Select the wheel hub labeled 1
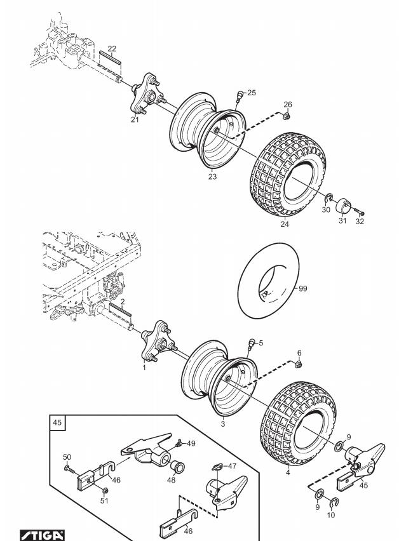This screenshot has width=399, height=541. pos(156,342)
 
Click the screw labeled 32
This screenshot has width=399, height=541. pos(359,213)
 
